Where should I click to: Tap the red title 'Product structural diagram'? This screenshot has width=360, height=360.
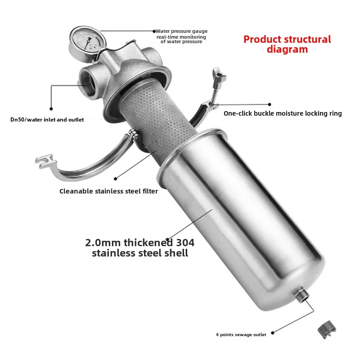[287, 44]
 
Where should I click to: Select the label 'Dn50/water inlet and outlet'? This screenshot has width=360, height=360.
[47, 120]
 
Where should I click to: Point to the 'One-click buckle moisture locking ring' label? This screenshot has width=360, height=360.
[283, 113]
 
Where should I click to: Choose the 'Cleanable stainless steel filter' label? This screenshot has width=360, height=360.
[109, 191]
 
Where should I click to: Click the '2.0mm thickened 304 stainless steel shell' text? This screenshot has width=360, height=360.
[140, 248]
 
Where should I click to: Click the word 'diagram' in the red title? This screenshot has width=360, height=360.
[287, 49]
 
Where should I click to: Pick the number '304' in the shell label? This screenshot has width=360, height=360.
[185, 243]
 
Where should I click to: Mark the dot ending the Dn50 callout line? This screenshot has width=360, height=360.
[51, 108]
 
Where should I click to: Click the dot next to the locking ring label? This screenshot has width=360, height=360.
[270, 104]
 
